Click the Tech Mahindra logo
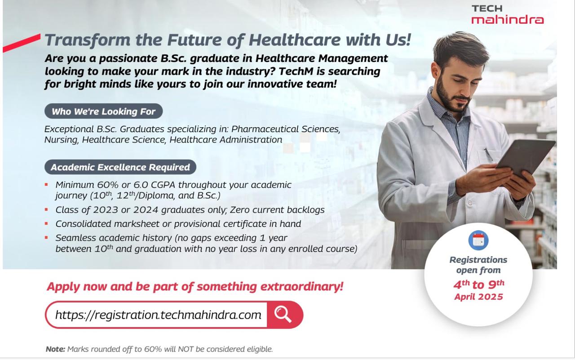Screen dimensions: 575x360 (x=508, y=15)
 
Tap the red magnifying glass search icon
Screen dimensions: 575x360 (x=283, y=314)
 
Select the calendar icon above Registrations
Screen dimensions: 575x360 (x=478, y=240)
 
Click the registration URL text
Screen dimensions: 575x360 (x=158, y=315)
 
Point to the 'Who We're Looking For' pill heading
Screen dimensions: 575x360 (x=103, y=111)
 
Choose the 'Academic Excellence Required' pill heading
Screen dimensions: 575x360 (x=120, y=167)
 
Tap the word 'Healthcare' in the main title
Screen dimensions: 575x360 (x=295, y=40)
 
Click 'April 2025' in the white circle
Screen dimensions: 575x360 (x=479, y=297)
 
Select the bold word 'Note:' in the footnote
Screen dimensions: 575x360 (x=55, y=349)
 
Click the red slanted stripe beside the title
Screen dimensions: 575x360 (x=22, y=43)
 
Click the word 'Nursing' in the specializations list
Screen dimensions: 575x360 (x=61, y=140)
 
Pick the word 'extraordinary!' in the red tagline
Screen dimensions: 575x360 (x=301, y=286)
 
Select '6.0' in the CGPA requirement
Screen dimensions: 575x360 (x=141, y=185)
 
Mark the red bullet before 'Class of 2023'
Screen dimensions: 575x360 (x=46, y=210)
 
